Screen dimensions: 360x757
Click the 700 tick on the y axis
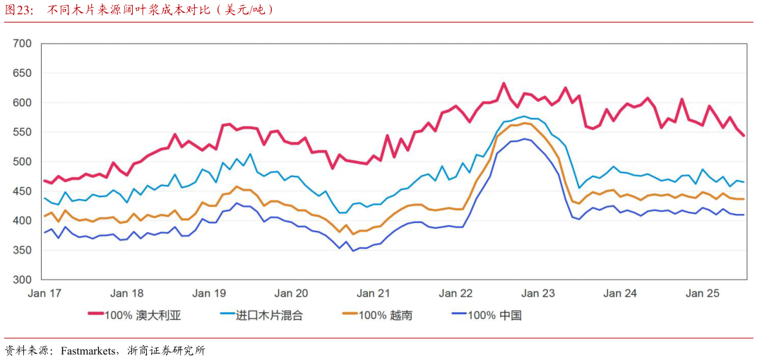pos(23,44)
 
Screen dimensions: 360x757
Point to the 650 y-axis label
pos(23,73)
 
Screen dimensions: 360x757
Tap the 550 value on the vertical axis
pos(23,132)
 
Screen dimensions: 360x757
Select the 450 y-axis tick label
pos(23,191)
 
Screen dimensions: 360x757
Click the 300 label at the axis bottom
pos(23,280)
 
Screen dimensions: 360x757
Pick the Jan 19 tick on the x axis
pos(209,293)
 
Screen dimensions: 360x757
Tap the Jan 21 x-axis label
pos(374,293)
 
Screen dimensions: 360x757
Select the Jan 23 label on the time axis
pos(538,293)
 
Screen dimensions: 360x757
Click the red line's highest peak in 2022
pos(503,83)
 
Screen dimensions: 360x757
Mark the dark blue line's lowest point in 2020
pos(353,251)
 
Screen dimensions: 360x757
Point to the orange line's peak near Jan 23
pos(524,123)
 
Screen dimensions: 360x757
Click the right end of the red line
pos(744,136)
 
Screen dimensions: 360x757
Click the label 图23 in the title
pos(19,10)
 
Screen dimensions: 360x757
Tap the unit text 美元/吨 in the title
pos(247,10)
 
